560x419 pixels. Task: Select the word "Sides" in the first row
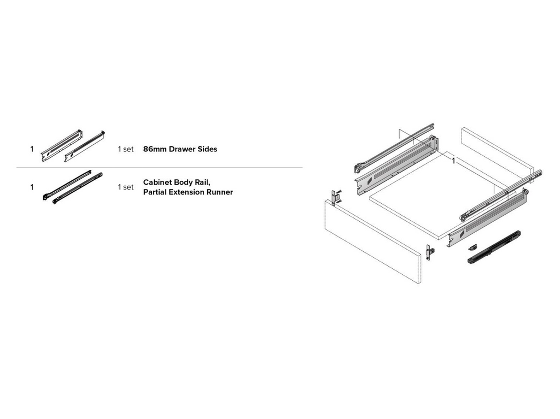coord(206,149)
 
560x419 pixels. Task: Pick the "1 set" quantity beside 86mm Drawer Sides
coord(125,149)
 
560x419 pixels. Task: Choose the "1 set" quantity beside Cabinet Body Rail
coord(125,187)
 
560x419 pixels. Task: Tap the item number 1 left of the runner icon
coord(32,187)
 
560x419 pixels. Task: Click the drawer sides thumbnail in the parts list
coord(73,146)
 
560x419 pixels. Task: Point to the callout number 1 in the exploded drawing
coord(453,161)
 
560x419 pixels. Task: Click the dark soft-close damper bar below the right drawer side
coord(494,247)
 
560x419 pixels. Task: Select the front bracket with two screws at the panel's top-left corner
coord(336,197)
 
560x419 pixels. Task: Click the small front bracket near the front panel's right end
coord(431,252)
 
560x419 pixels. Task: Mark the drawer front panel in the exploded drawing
coord(372,240)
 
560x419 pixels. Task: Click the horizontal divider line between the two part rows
coord(159,167)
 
